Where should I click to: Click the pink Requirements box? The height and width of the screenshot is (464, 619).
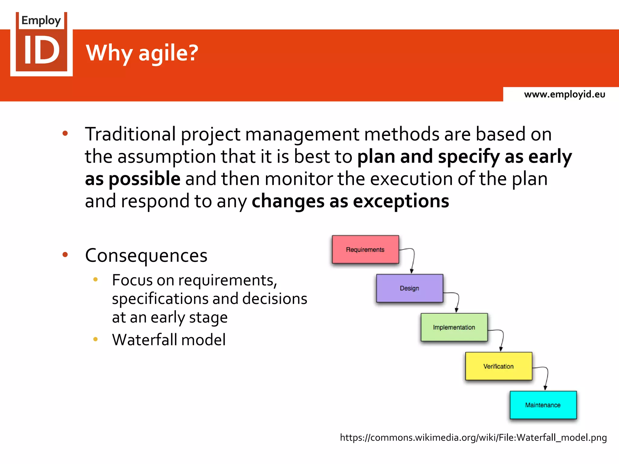[365, 250]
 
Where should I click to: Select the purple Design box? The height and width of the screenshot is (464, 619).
[410, 288]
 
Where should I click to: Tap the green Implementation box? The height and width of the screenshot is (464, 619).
[454, 327]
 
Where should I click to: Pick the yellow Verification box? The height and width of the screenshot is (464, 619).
[498, 366]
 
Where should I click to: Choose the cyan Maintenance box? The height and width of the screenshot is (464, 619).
[543, 405]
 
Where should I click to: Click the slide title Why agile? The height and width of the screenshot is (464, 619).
[142, 53]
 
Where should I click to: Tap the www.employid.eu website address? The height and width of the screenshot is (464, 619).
[564, 94]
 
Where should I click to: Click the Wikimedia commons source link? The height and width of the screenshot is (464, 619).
[473, 437]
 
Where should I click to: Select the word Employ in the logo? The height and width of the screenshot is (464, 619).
[41, 21]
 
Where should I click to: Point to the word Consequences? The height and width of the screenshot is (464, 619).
[146, 256]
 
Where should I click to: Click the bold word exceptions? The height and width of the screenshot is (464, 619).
[401, 201]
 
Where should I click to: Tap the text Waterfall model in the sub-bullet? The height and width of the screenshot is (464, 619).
[169, 340]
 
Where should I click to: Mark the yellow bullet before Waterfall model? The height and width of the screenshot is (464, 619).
[96, 339]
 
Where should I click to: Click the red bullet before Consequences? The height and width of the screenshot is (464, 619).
[65, 255]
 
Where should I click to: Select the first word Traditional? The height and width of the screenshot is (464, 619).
[130, 134]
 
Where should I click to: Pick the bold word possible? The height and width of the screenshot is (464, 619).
[144, 179]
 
